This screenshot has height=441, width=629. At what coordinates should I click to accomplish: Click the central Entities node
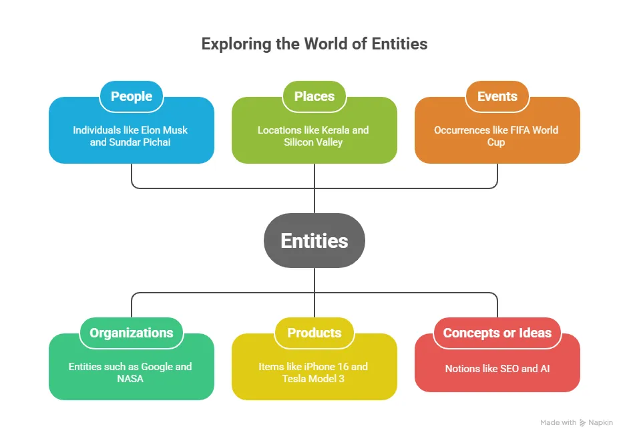click(314, 241)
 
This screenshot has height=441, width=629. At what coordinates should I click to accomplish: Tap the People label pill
click(132, 96)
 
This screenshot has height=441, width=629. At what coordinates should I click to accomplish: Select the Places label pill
click(314, 96)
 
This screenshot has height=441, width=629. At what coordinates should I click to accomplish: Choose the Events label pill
click(497, 96)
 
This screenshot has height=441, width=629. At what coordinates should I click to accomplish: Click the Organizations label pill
click(132, 333)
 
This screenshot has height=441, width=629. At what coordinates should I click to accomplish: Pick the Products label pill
click(314, 333)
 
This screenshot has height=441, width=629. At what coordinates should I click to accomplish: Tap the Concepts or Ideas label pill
click(497, 333)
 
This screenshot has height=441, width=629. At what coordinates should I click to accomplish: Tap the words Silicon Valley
click(313, 142)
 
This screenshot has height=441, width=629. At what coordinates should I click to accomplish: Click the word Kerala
click(335, 130)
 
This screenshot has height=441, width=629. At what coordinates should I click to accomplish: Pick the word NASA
click(131, 379)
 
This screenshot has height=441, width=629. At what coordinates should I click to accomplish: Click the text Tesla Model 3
click(314, 379)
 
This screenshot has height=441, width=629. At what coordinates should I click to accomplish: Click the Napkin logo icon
click(583, 422)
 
